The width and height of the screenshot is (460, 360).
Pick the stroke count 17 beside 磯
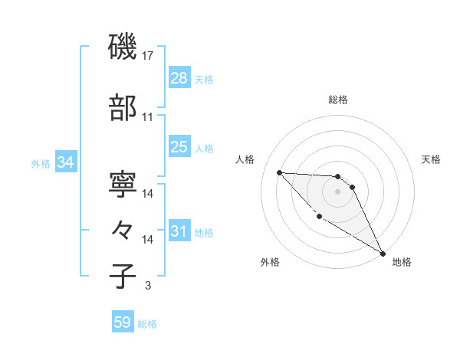coord(149,56)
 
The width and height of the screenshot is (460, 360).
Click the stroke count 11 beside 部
coord(148,117)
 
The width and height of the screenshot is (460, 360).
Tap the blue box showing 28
coord(179,78)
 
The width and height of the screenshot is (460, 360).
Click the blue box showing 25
coord(179,147)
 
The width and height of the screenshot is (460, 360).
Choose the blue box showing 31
coord(179,231)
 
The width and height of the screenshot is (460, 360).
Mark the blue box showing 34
coord(65,162)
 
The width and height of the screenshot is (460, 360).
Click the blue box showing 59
coord(123,322)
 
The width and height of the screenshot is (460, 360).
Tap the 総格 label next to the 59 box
coord(147,324)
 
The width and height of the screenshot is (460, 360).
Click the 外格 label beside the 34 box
coord(41,163)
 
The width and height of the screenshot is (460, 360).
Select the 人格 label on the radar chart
coord(245,159)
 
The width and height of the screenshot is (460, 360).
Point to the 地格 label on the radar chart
coord(402,262)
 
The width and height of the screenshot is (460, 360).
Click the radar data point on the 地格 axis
coord(383,254)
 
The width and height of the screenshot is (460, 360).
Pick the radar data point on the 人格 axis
coord(279,172)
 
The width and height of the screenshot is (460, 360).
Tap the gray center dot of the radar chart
coord(337,191)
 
